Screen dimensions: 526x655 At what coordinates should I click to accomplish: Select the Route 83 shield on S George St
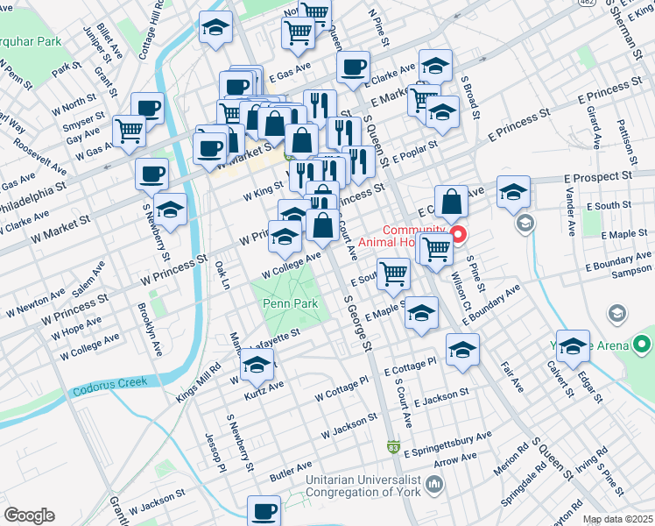(396, 447)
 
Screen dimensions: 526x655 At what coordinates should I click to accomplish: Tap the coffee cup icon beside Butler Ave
(264, 509)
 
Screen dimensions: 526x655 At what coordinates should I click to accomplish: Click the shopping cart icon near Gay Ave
(130, 130)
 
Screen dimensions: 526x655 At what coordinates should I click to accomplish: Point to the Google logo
(29, 515)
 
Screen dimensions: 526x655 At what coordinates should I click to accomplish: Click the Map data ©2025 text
(618, 520)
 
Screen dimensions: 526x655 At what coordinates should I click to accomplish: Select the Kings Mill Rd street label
(198, 385)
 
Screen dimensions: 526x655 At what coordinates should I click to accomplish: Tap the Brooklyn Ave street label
(151, 329)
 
